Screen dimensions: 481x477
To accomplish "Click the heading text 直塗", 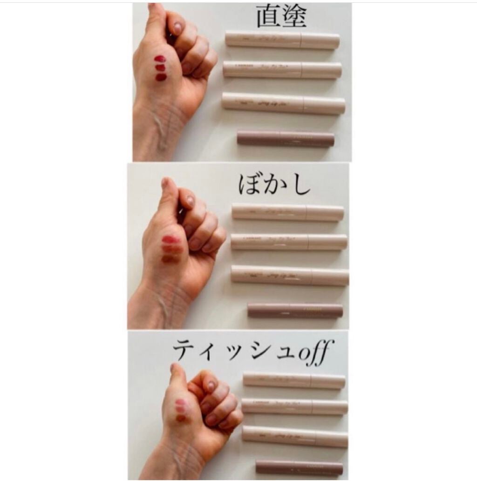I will [281, 17].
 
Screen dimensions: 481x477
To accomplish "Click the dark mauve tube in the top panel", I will [286, 138].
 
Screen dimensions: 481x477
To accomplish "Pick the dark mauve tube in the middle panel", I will [295, 310].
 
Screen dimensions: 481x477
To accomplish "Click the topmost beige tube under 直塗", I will [282, 40].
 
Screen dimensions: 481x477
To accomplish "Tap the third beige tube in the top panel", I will [283, 103].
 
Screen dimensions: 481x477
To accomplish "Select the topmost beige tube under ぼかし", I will [288, 212].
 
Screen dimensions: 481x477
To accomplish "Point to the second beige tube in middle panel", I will [289, 242].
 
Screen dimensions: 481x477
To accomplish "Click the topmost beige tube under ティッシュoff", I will [294, 380].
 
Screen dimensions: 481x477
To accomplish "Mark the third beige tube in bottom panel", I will [295, 435].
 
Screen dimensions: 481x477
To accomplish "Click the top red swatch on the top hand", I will [160, 59].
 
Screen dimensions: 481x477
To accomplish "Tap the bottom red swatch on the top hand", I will [161, 77].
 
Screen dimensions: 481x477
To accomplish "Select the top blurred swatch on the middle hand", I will [170, 240].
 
